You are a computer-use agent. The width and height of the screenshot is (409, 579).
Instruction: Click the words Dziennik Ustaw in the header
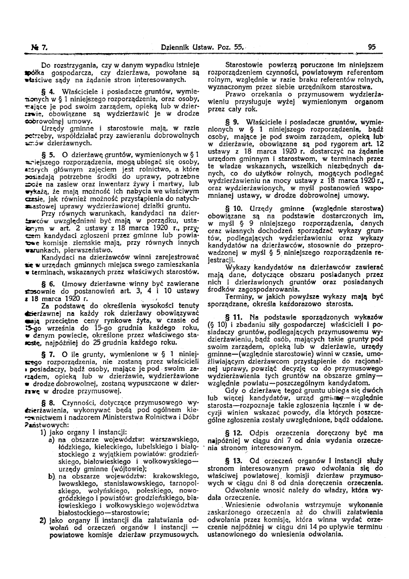[x=185, y=46]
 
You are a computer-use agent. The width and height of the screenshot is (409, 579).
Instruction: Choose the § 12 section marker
[x=231, y=432]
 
